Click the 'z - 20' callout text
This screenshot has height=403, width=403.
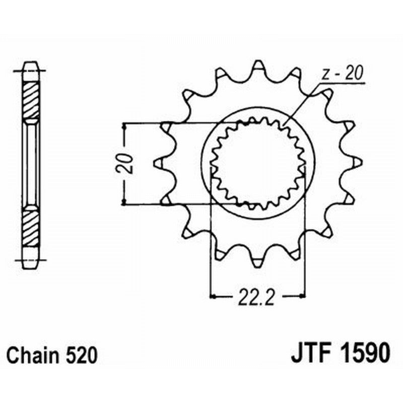pos(342,75)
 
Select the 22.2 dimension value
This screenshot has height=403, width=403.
pos(257,297)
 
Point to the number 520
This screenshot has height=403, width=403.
pos(80,356)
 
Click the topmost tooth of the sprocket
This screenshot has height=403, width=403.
pos(258,66)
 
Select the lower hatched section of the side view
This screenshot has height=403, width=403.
pos(31,227)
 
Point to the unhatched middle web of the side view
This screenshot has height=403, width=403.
pos(31,163)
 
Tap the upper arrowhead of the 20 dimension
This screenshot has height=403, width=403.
pos(124,126)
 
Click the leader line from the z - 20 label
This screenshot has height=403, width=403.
pos(302,103)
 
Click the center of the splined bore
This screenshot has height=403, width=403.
pos(258,163)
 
